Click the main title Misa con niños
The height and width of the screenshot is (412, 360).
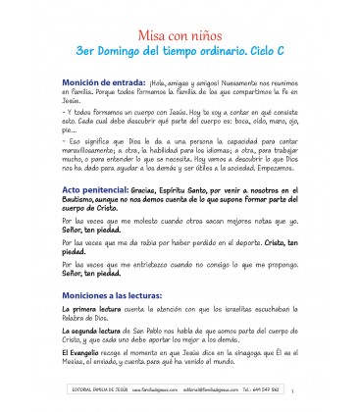[x=179, y=29]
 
